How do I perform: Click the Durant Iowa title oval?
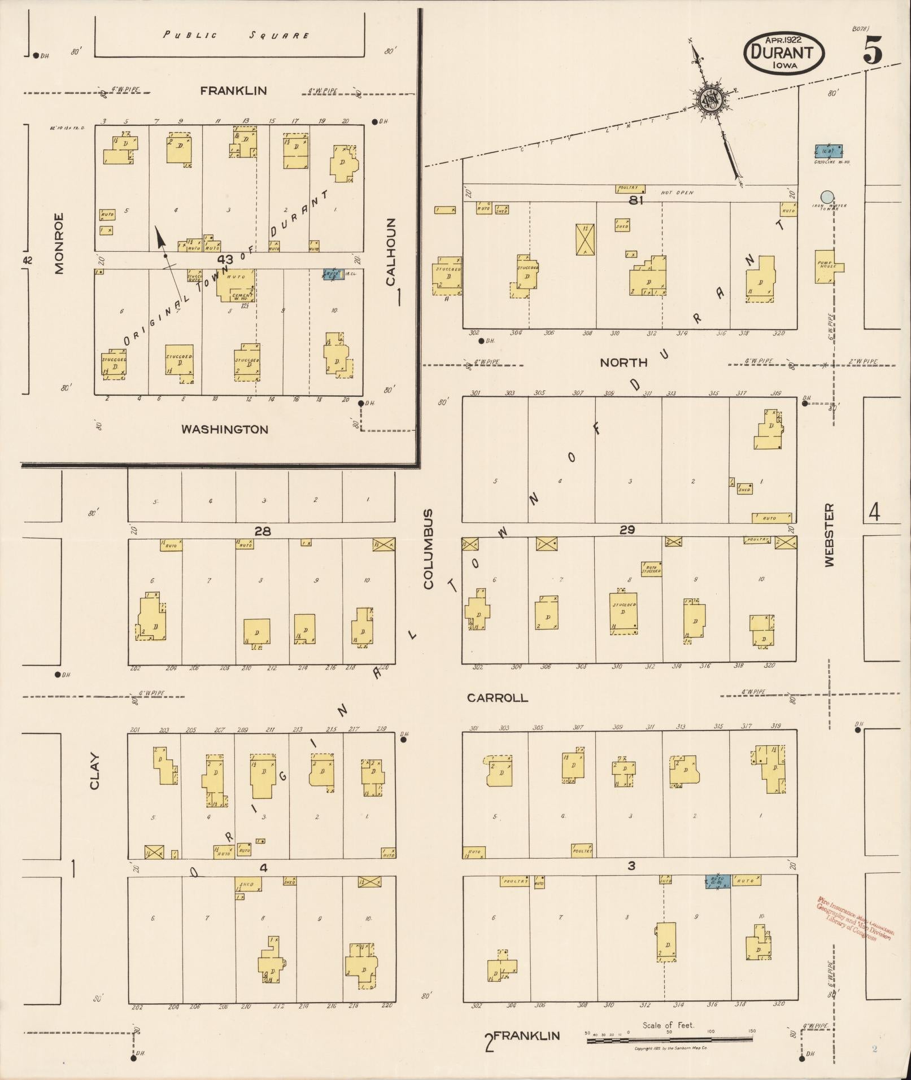click(784, 52)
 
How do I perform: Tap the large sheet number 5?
click(872, 52)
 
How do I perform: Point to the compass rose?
click(709, 99)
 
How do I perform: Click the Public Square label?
click(236, 35)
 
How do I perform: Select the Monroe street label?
click(59, 243)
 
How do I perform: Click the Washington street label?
click(224, 430)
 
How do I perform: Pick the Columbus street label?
click(428, 549)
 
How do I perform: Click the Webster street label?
click(829, 535)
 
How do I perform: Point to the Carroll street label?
click(497, 698)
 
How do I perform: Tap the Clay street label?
click(94, 772)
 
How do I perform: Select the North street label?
click(624, 363)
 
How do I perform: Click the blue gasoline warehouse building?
click(829, 151)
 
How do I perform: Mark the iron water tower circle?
click(827, 196)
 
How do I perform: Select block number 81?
click(636, 200)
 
